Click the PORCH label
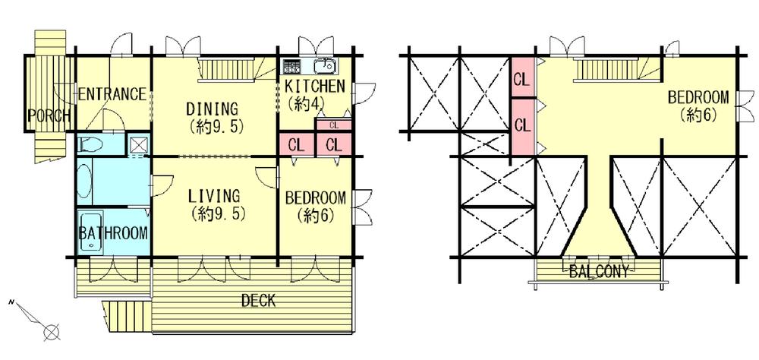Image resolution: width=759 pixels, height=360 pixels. [49, 116]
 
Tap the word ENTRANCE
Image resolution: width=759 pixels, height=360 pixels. [112, 95]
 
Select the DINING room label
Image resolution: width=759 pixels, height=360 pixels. [214, 109]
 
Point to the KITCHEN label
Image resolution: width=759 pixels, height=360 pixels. [315, 86]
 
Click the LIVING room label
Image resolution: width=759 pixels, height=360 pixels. [215, 196]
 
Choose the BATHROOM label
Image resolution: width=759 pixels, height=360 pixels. [113, 233]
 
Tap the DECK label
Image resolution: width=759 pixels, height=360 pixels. [258, 301]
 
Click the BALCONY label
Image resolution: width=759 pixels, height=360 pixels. [599, 272]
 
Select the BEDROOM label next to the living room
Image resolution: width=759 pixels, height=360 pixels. [315, 198]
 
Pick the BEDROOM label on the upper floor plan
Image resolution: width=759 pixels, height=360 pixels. [698, 98]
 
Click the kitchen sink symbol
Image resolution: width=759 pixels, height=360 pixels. [324, 65]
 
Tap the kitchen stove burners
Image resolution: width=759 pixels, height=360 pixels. [291, 65]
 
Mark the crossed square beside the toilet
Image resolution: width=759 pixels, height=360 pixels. [138, 144]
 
